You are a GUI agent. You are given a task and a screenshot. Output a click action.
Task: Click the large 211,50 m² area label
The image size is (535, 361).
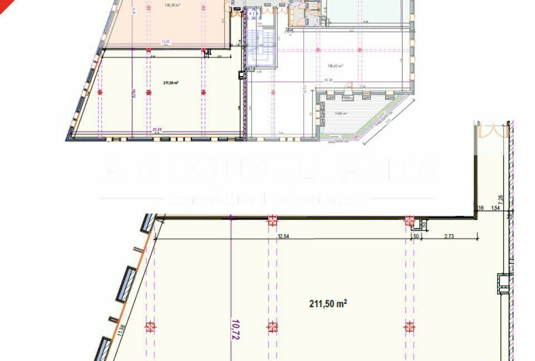coord(328,304)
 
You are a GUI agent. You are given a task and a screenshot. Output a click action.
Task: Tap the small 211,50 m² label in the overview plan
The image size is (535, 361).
coord(171,83)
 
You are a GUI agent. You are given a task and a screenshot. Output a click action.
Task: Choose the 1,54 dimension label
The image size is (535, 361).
coord(494,208)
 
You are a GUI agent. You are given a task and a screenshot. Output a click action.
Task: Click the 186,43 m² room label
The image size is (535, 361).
coord(335,66)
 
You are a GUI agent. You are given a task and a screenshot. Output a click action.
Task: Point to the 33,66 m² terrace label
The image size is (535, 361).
coord(341,113)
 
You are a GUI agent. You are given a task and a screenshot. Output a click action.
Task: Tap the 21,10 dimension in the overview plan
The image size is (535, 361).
coord(157,129)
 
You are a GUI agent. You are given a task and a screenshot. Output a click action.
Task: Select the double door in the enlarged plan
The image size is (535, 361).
coord(492,130)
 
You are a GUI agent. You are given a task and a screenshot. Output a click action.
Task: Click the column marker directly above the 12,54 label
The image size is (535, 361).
coord(272,221)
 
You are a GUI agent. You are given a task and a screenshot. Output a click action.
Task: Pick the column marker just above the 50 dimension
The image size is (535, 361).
coord(410,221)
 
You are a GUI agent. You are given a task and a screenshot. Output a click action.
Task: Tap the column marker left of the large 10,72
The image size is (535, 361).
coord(150,327)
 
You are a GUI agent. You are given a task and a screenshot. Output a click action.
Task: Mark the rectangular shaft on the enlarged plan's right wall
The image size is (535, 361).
coord(503,283)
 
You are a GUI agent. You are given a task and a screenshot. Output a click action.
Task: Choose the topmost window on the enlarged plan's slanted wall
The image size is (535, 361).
coord(148,223)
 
